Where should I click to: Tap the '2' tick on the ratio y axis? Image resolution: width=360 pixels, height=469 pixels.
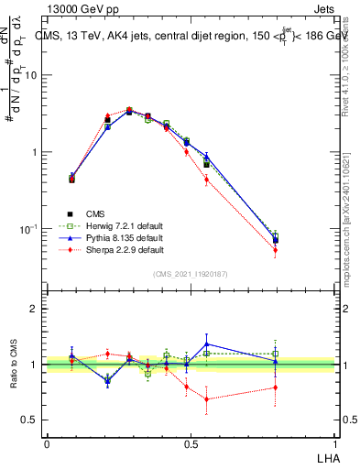coord(35,309)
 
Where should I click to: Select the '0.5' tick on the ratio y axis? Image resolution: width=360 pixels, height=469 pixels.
coord(31,420)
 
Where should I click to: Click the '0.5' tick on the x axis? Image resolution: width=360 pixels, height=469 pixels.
coord(191,444)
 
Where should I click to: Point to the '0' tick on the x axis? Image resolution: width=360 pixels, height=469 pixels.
coord(47,444)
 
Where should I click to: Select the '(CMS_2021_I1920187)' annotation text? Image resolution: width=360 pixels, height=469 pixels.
coord(191,274)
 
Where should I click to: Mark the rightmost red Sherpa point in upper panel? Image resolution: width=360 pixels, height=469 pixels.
coord(275,250)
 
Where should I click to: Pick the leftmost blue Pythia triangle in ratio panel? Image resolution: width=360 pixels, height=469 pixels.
coord(71,355)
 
